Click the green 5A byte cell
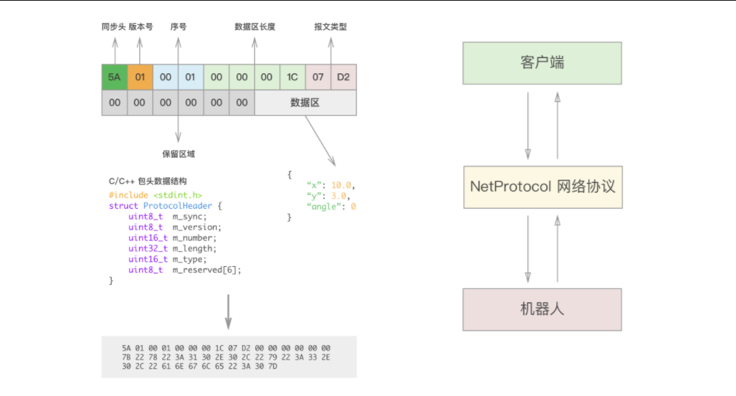pyautogui.click(x=115, y=77)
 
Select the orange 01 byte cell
pyautogui.click(x=140, y=77)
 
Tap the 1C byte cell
pyautogui.click(x=292, y=77)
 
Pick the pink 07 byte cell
pyautogui.click(x=318, y=77)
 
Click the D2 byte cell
pyautogui.click(x=343, y=77)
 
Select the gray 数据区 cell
pyautogui.click(x=305, y=103)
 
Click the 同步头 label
pyautogui.click(x=113, y=27)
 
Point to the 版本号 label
pyautogui.click(x=140, y=27)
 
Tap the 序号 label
pyautogui.click(x=178, y=27)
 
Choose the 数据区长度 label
pyautogui.click(x=254, y=27)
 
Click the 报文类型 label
pyautogui.click(x=330, y=27)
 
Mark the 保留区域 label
pyautogui.click(x=178, y=154)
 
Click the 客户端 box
pyautogui.click(x=542, y=62)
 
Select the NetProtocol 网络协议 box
pyautogui.click(x=542, y=187)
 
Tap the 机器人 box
pyautogui.click(x=542, y=309)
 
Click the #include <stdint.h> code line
pyautogui.click(x=156, y=195)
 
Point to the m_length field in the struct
pyautogui.click(x=194, y=248)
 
